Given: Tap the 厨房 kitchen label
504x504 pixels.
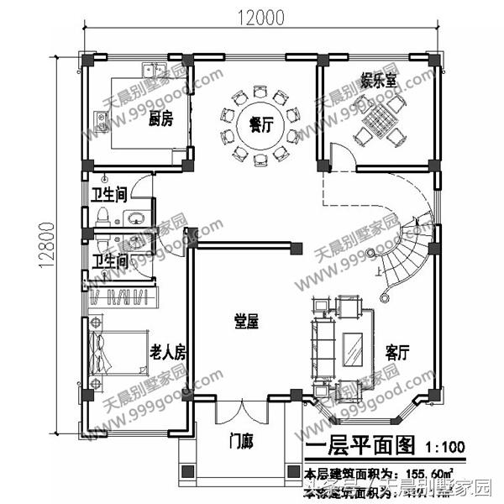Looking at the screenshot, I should [x=160, y=120].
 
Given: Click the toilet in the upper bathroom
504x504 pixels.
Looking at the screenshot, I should [x=101, y=219].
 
